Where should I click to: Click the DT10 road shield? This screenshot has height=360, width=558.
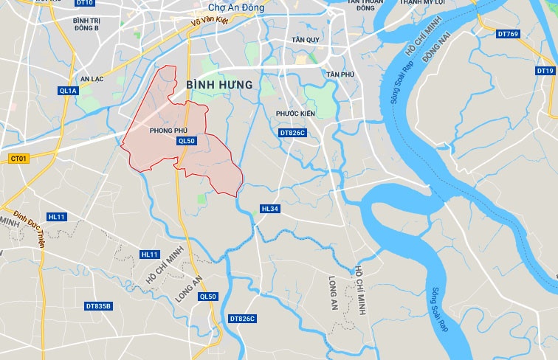(85, 3)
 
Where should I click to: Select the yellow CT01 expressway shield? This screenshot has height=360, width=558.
(18, 158)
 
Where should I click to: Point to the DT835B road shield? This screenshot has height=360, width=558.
(98, 306)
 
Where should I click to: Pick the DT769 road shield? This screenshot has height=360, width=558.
(509, 34)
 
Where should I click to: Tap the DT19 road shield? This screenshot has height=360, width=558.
(545, 71)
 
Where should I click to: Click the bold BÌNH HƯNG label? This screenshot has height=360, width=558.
(219, 86)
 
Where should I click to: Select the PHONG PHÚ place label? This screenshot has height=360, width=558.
(168, 130)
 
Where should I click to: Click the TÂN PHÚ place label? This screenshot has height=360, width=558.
(340, 75)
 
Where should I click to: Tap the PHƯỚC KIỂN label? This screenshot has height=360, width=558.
(295, 114)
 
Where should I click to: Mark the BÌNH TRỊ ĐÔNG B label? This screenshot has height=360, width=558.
(86, 24)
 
